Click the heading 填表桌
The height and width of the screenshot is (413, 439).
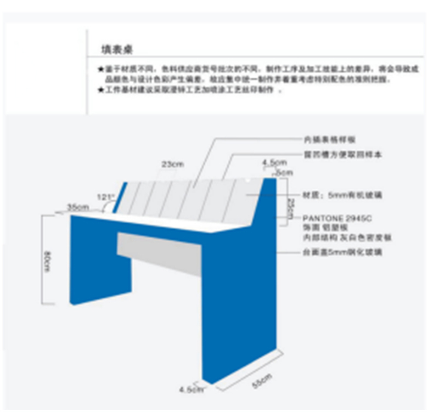click(x=116, y=50)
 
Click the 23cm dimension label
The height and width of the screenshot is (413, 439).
click(x=172, y=164)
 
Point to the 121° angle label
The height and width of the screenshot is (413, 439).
click(x=105, y=196)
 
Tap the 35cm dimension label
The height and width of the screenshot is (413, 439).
click(x=78, y=207)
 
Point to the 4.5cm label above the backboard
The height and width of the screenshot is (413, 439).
click(x=274, y=163)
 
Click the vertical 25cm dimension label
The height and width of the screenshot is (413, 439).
click(x=291, y=207)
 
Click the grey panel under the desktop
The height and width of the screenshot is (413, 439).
click(x=159, y=252)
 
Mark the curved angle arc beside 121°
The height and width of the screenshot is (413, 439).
click(x=110, y=205)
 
